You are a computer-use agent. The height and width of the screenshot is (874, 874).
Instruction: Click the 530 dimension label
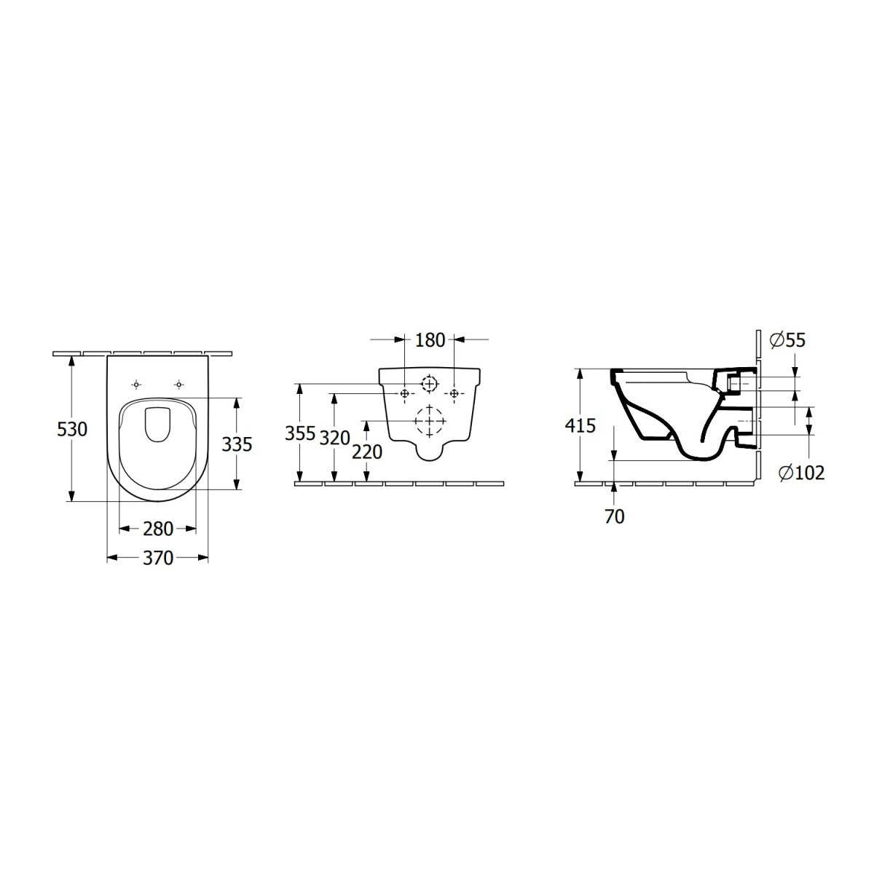pyautogui.click(x=72, y=430)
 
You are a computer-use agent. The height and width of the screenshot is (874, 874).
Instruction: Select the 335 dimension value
pyautogui.click(x=237, y=444)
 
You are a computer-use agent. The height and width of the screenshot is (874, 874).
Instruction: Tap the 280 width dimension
pyautogui.click(x=157, y=528)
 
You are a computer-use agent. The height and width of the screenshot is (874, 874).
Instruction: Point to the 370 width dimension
pyautogui.click(x=157, y=558)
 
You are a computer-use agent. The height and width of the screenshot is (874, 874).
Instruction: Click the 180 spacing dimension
pyautogui.click(x=429, y=340)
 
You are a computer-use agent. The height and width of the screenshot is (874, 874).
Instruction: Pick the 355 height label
pyautogui.click(x=300, y=433)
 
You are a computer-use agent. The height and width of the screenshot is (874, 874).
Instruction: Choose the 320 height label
pyautogui.click(x=335, y=438)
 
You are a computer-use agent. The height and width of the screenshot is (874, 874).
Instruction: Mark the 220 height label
pyautogui.click(x=366, y=452)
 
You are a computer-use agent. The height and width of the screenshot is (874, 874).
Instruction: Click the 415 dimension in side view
pyautogui.click(x=580, y=425)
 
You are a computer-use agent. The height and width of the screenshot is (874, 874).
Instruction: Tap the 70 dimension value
pyautogui.click(x=615, y=516)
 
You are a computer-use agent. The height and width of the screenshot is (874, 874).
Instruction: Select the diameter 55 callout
pyautogui.click(x=787, y=339)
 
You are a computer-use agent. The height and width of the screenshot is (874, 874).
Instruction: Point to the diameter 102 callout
pyautogui.click(x=800, y=473)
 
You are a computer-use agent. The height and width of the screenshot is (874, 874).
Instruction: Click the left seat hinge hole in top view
pyautogui.click(x=136, y=384)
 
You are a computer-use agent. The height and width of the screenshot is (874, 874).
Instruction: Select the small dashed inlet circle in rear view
pyautogui.click(x=430, y=382)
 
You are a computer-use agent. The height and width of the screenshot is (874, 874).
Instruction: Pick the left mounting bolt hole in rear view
pyautogui.click(x=404, y=393)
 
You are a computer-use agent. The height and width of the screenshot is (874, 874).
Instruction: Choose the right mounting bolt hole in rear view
pyautogui.click(x=454, y=393)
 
